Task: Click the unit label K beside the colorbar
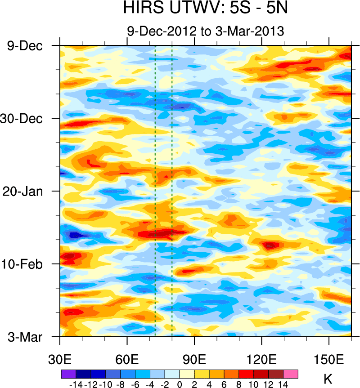pyautogui.click(x=328, y=379)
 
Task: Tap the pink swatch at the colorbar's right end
pyautogui.click(x=291, y=374)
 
